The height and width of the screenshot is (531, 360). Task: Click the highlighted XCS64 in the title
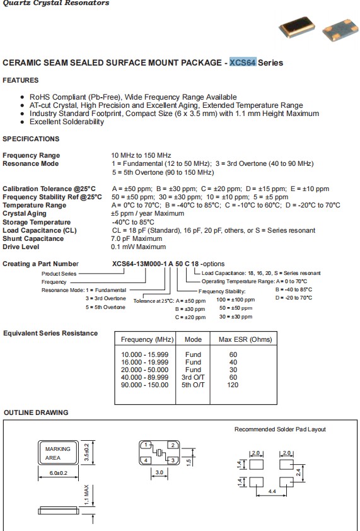tap(243, 63)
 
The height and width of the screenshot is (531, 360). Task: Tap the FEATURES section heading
tap(21, 80)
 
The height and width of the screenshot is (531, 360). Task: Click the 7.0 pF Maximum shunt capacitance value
tap(137, 239)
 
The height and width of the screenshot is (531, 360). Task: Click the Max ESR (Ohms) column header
tap(245, 339)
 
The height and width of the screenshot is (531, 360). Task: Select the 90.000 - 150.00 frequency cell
tap(144, 385)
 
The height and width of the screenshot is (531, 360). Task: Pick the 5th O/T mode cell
tap(193, 385)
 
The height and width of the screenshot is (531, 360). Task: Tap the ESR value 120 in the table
tap(233, 385)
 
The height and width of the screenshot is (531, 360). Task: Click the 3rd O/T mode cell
tap(193, 377)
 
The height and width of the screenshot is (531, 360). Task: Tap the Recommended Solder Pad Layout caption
tap(280, 429)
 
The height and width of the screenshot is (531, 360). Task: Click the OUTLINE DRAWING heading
tap(35, 412)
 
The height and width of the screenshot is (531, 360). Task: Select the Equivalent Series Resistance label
tap(50, 333)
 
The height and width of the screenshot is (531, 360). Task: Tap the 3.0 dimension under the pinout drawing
tap(160, 472)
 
